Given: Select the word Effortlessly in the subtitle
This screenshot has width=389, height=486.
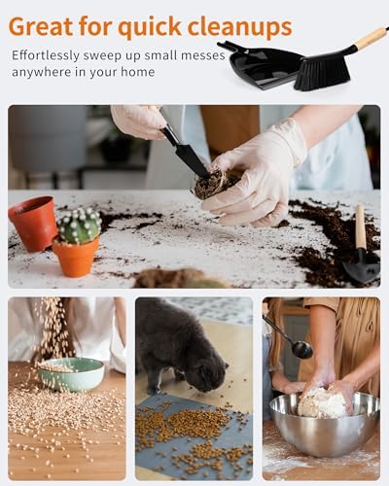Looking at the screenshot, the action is (46, 55).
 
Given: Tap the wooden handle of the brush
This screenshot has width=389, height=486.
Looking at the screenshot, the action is (371, 38).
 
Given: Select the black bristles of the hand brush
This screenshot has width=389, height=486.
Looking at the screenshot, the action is (322, 74).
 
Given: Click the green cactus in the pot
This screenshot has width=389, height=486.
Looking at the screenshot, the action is (80, 226).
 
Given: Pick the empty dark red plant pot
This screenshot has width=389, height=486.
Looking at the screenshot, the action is (33, 224).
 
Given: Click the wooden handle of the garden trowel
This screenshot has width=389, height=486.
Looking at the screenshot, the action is (361, 226).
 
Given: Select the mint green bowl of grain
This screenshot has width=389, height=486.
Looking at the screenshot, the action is (71, 374).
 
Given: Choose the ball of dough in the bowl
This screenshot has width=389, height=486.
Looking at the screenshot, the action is (323, 401).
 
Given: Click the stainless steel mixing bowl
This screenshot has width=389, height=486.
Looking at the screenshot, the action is (324, 425).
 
